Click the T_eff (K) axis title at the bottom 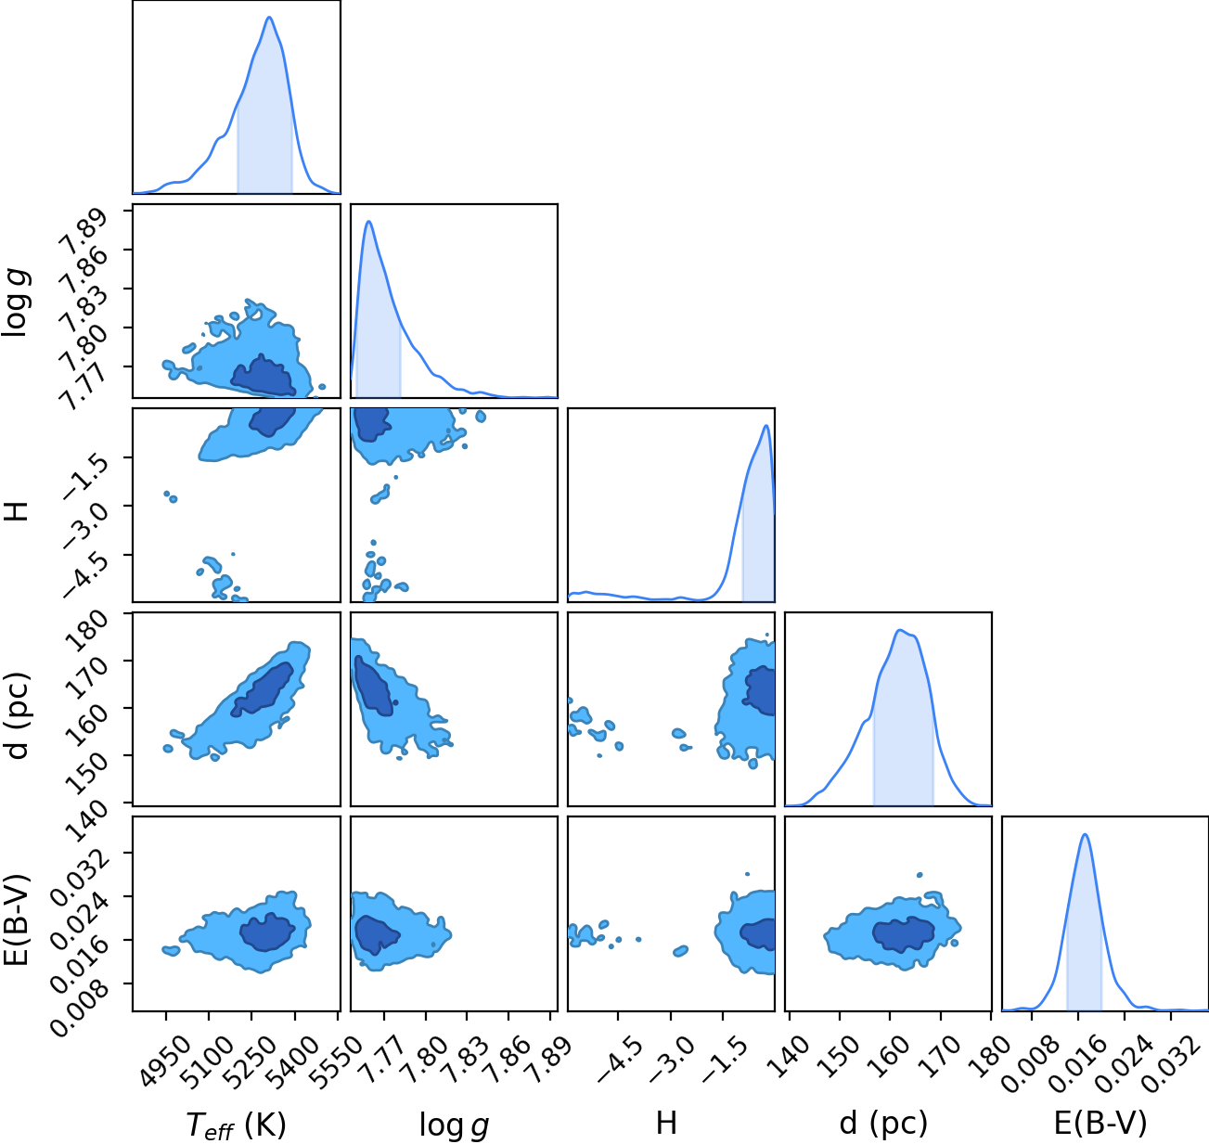pyautogui.click(x=237, y=1125)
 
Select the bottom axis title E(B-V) pyautogui.click(x=1100, y=1123)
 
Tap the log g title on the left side pyautogui.click(x=16, y=302)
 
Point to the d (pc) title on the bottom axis pyautogui.click(x=883, y=1123)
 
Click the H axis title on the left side pyautogui.click(x=17, y=511)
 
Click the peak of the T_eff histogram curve pyautogui.click(x=269, y=18)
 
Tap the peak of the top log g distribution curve pyautogui.click(x=369, y=222)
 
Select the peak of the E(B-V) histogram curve pyautogui.click(x=1085, y=834)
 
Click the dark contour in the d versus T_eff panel pyautogui.click(x=264, y=688)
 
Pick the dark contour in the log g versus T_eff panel pyautogui.click(x=264, y=376)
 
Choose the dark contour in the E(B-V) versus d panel pyautogui.click(x=904, y=933)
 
